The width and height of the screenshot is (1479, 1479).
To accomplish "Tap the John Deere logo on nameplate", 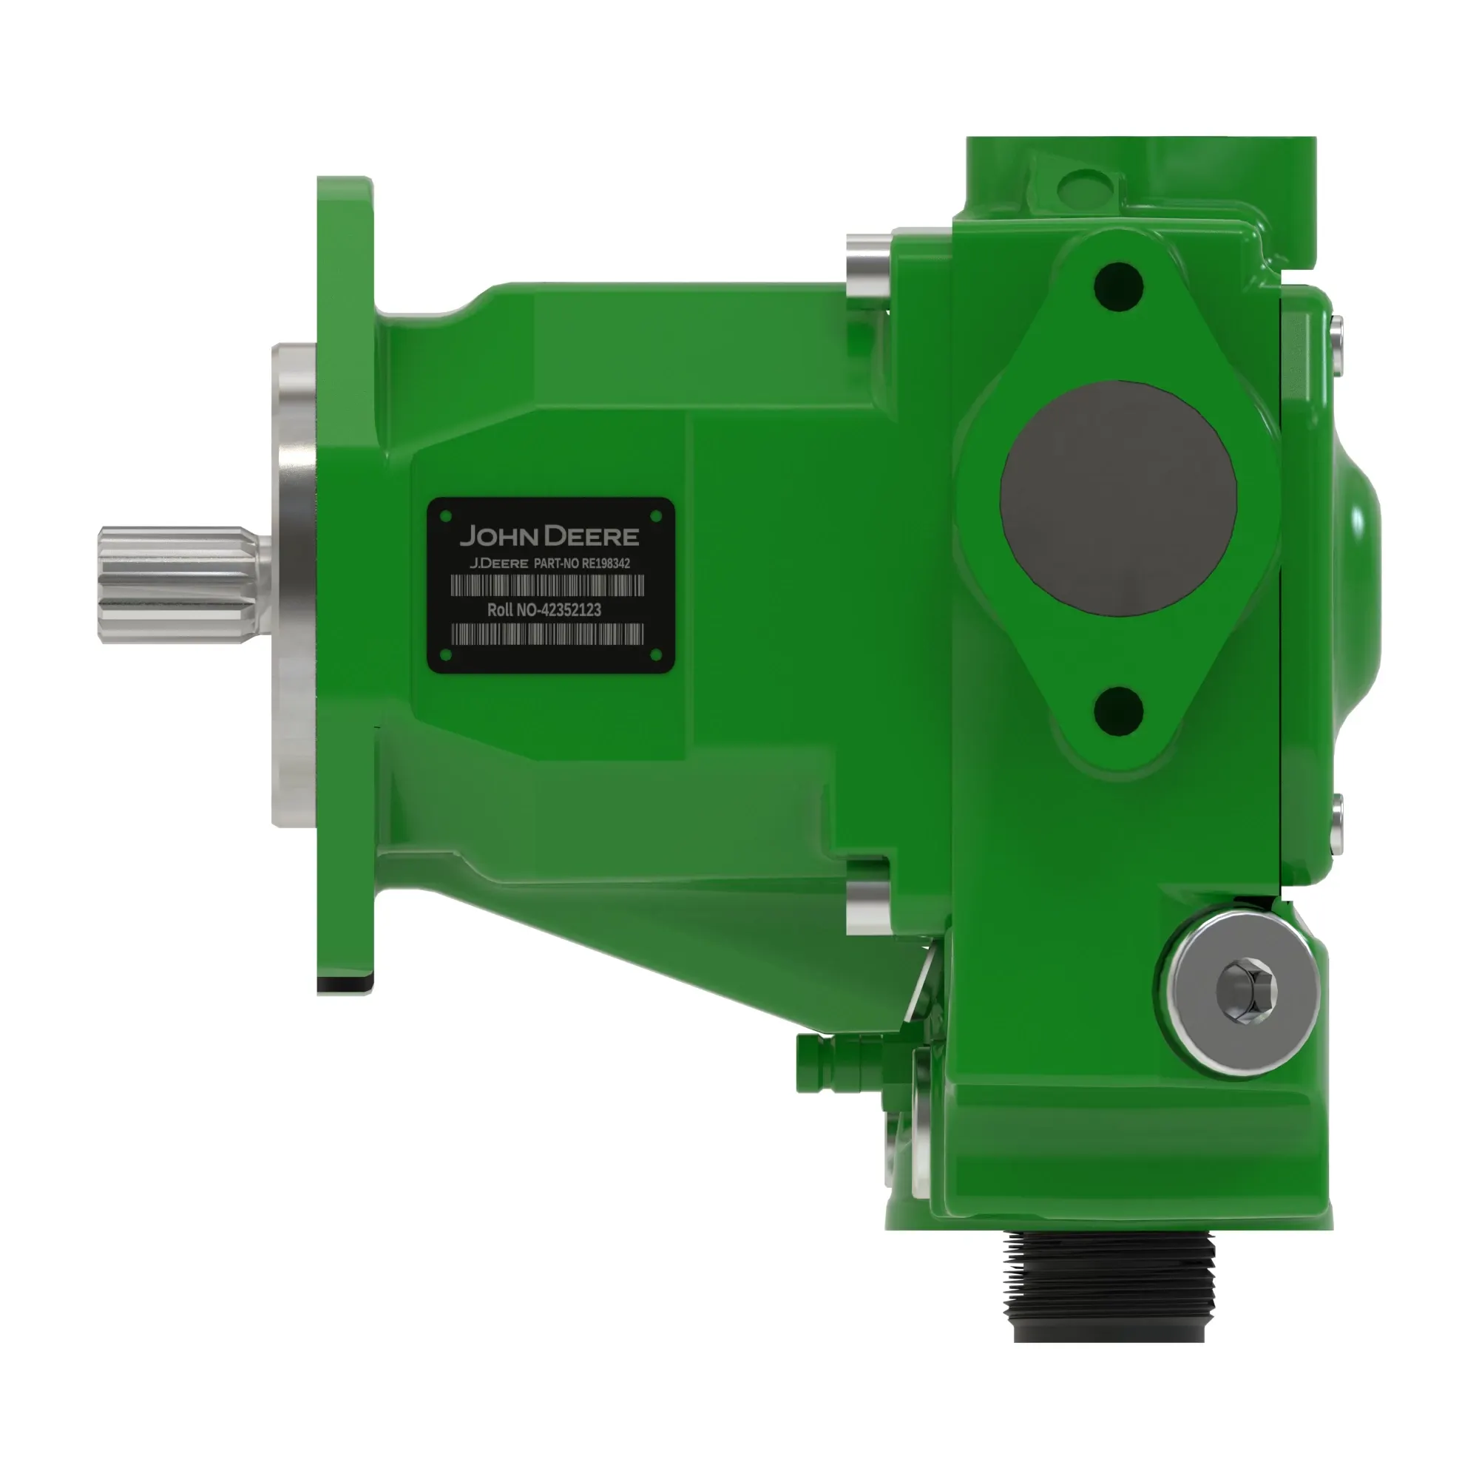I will click(x=549, y=535).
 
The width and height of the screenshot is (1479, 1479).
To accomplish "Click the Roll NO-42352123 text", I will click(x=544, y=610).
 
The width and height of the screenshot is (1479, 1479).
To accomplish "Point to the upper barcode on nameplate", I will click(x=547, y=586).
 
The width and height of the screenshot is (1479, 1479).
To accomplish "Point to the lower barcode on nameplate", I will click(x=547, y=634).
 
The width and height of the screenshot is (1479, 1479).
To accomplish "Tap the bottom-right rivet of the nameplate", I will click(x=655, y=654).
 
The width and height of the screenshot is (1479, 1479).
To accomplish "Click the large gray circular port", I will click(x=1117, y=498).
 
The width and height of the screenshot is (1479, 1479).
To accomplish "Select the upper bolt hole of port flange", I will click(x=1118, y=287).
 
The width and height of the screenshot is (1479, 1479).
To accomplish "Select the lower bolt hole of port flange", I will click(x=1118, y=708).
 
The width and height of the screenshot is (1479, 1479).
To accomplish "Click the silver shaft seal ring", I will click(x=295, y=586).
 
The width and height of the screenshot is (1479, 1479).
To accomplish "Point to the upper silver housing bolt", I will click(x=867, y=271).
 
